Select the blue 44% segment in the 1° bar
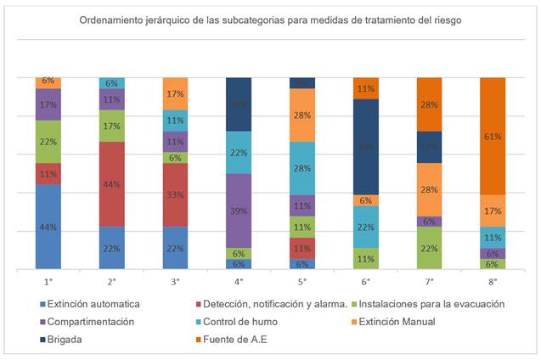coord(48,227)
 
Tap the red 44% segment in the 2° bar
coord(112,183)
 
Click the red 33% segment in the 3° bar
coord(176,194)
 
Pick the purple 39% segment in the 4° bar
coord(240,211)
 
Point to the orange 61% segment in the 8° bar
coord(493,136)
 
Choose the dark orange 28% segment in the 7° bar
coord(430,104)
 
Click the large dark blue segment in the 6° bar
coord(366,146)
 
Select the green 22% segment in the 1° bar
coord(48,141)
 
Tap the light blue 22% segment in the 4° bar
coord(240,152)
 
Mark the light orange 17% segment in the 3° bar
coord(176,93)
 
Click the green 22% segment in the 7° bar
coord(430,248)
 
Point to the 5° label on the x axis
coord(302,281)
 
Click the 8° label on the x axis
coord(493,281)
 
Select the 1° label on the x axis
coord(48,281)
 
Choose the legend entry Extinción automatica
coord(90,303)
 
